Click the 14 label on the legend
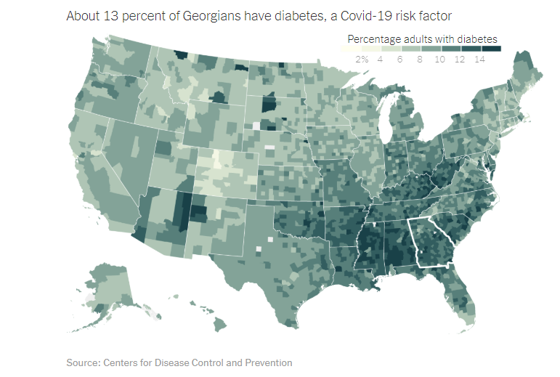pyautogui.click(x=479, y=58)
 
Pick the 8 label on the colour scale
pyautogui.click(x=420, y=58)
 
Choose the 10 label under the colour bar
pyautogui.click(x=439, y=58)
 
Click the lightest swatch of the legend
pyautogui.click(x=348, y=49)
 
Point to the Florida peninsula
pyautogui.click(x=465, y=298)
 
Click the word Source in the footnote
pyautogui.click(x=82, y=362)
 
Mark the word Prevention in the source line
pyautogui.click(x=268, y=362)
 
